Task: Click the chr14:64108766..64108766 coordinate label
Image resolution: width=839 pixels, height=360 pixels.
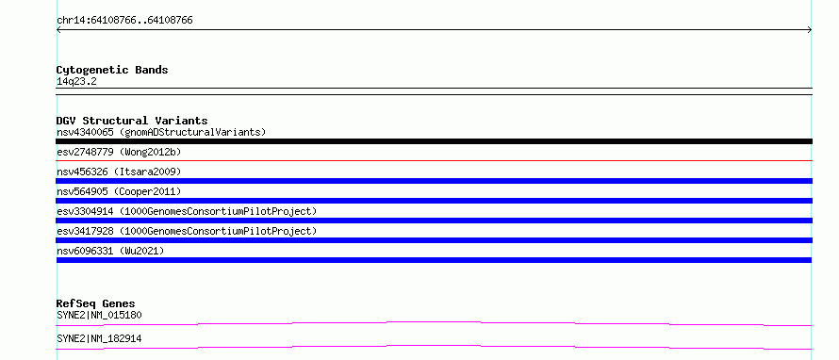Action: pyautogui.click(x=124, y=21)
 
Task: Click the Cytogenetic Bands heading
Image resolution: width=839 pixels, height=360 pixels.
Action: pyautogui.click(x=112, y=70)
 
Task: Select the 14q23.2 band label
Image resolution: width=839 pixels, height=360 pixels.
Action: pyautogui.click(x=76, y=82)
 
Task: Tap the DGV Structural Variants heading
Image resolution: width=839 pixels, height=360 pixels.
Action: pyautogui.click(x=132, y=121)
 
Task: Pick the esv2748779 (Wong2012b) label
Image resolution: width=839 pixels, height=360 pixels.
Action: pyautogui.click(x=119, y=152)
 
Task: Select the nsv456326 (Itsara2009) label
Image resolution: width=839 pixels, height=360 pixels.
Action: pyautogui.click(x=119, y=172)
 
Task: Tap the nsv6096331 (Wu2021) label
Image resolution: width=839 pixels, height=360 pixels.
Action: pyautogui.click(x=110, y=251)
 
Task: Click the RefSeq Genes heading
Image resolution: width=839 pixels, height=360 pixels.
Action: pyautogui.click(x=95, y=303)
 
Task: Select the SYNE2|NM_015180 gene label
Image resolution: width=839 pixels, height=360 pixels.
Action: pyautogui.click(x=99, y=315)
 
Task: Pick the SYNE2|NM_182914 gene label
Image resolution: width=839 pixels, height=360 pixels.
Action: pyautogui.click(x=99, y=338)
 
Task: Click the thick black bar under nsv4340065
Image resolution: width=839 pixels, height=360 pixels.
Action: pyautogui.click(x=434, y=141)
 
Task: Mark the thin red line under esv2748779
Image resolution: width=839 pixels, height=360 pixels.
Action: pyautogui.click(x=434, y=160)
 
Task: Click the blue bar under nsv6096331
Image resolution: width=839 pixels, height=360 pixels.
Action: pyautogui.click(x=434, y=260)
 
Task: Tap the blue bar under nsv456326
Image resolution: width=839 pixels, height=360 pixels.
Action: pyautogui.click(x=434, y=181)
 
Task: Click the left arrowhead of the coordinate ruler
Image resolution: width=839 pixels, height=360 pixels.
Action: pyautogui.click(x=58, y=30)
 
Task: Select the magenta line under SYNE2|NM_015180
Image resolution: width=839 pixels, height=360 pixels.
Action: pyautogui.click(x=434, y=322)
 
